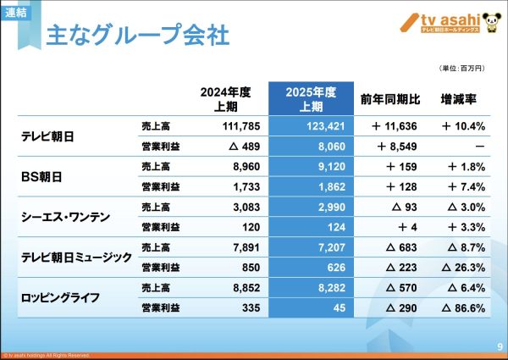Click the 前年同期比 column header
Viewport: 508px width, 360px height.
coord(389,98)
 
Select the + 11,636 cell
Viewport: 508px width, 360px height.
coord(391,127)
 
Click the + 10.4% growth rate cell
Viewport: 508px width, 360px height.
coord(462,127)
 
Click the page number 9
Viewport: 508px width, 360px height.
coord(499,346)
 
